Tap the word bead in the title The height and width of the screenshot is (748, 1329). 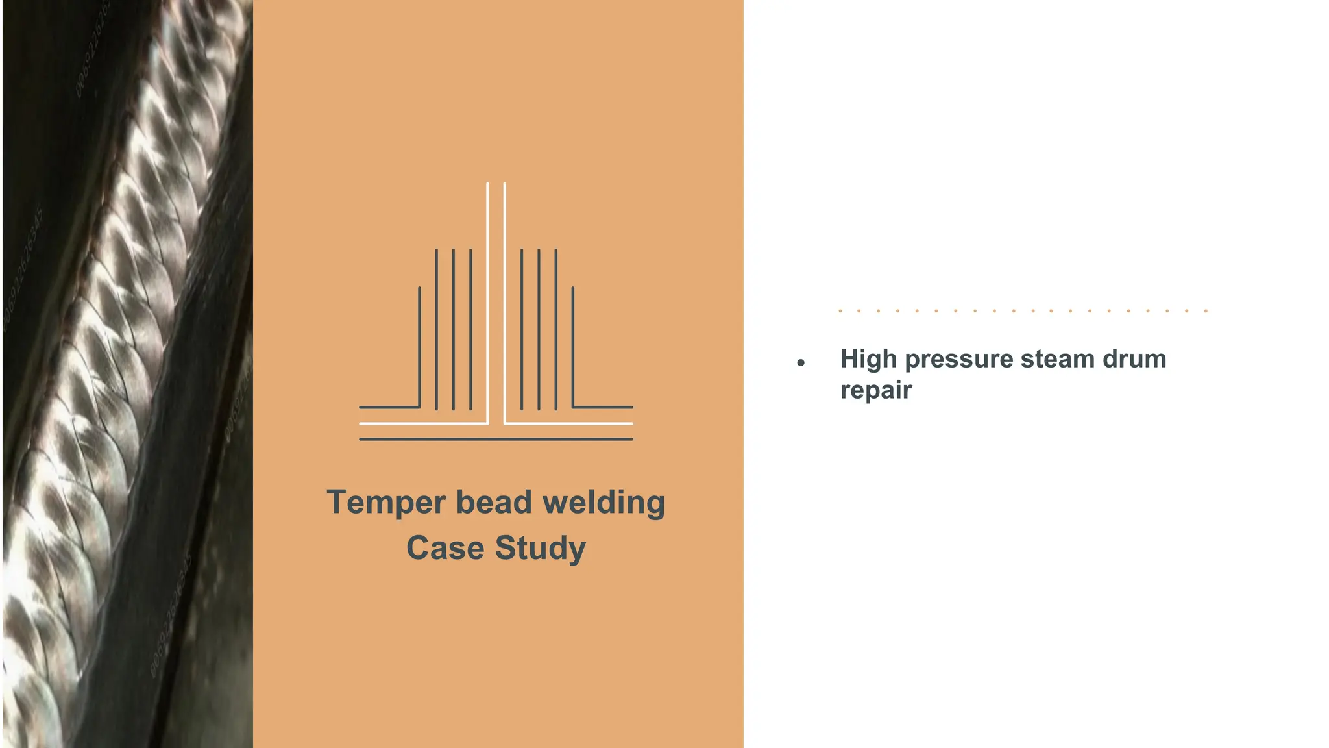[x=494, y=502]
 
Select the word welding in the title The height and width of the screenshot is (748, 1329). [x=604, y=503]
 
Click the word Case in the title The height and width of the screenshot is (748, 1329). [x=445, y=547]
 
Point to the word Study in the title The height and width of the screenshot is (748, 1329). [x=541, y=549]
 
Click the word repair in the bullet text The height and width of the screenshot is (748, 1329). [x=876, y=390]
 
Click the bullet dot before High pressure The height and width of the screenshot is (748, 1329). [x=801, y=363]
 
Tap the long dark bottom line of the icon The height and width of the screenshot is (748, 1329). [x=496, y=440]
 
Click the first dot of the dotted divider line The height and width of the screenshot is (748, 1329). [x=840, y=311]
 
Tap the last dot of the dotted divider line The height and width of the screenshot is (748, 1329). [x=1206, y=311]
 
